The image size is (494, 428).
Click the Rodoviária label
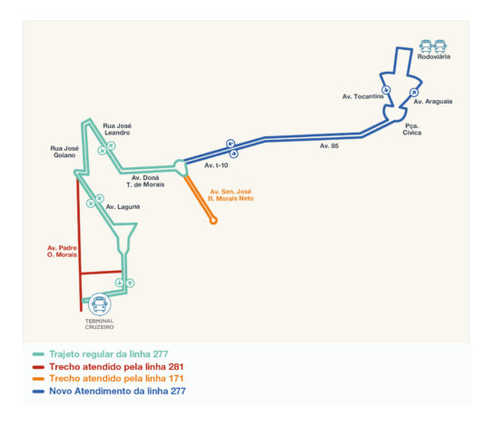433,56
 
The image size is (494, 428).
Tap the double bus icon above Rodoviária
433,46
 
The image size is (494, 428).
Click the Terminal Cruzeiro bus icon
100,304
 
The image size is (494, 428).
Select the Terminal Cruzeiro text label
99,324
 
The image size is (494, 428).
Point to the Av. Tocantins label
363,96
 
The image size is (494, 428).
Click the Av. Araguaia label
433,102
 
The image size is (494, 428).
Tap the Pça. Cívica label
411,129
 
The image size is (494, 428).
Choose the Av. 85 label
330,146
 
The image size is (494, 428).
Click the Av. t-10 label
216,165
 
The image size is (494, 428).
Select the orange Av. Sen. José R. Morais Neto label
231,195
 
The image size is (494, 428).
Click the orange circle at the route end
213,221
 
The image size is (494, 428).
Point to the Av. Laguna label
123,207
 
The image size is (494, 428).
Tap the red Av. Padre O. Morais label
62,251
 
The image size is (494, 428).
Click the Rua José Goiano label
64,152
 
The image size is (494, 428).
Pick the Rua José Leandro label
117,129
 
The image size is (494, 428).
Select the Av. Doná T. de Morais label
145,181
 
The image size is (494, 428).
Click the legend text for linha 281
116,367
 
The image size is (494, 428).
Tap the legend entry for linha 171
116,379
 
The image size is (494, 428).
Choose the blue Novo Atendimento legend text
117,391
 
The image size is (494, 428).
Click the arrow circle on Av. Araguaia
414,93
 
